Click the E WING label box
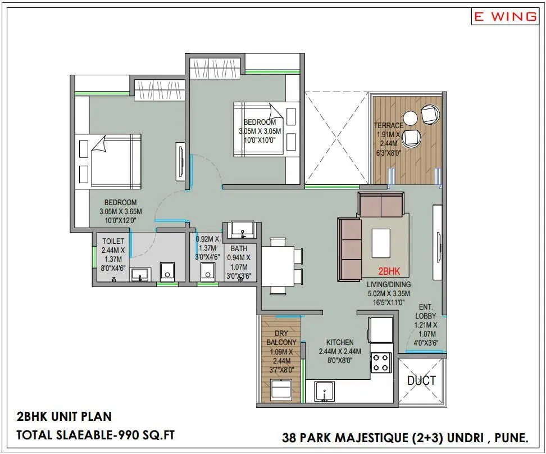(504, 16)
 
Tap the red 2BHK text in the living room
(389, 271)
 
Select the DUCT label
(421, 380)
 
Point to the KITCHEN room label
(340, 342)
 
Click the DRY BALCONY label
(281, 338)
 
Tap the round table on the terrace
(411, 118)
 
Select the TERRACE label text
(389, 126)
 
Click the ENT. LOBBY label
(425, 311)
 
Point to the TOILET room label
(113, 241)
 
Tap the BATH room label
(239, 248)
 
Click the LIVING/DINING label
(388, 284)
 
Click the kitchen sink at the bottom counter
(324, 392)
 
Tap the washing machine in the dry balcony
(281, 389)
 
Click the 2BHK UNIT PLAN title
(64, 416)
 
